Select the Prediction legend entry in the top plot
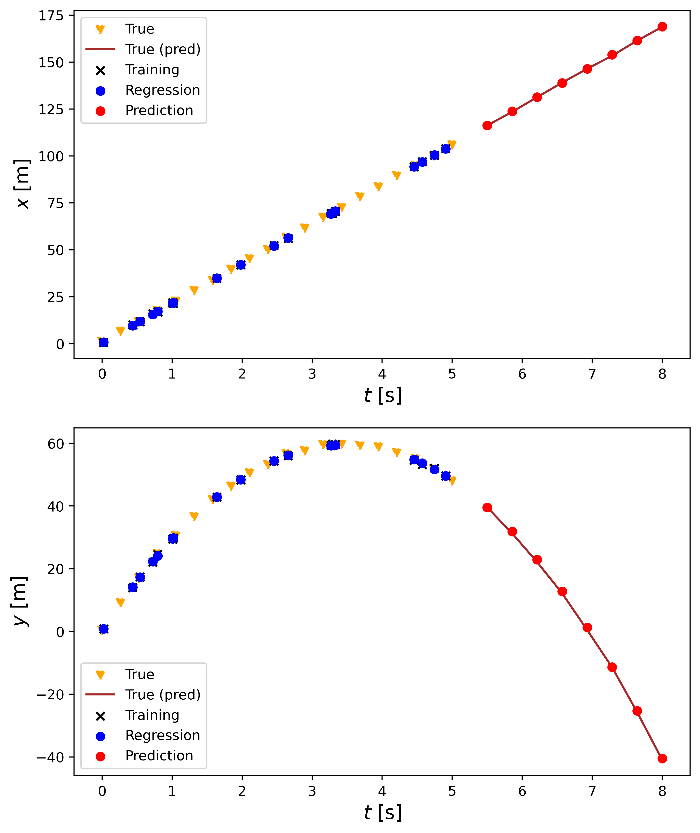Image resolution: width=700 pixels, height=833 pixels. point(159,111)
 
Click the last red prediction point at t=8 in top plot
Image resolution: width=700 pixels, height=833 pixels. point(662,27)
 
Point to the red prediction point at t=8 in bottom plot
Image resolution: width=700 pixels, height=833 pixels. point(662,758)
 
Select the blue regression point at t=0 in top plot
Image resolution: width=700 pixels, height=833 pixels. point(104,342)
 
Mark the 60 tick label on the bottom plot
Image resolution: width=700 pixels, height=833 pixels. point(56,444)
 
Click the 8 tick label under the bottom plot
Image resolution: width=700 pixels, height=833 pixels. point(662,791)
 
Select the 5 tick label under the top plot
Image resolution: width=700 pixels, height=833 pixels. point(452,374)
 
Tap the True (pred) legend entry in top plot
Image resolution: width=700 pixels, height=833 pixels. point(163,49)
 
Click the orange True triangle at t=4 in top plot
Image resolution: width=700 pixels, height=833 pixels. point(378,187)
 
